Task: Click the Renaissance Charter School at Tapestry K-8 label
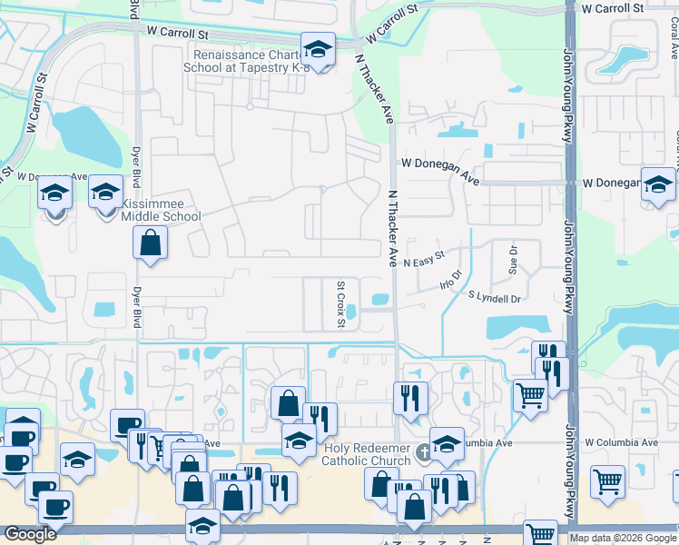[x=242, y=61]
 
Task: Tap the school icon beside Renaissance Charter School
[x=318, y=49]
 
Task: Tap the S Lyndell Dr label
[x=496, y=297]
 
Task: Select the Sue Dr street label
[x=513, y=260]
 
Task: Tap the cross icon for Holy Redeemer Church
[x=422, y=451]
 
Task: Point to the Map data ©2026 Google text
[x=623, y=538]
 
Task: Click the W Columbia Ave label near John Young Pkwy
[x=621, y=442]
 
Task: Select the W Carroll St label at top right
[x=614, y=8]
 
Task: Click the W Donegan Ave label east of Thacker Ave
[x=440, y=169]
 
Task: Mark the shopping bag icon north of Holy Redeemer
[x=288, y=402]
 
